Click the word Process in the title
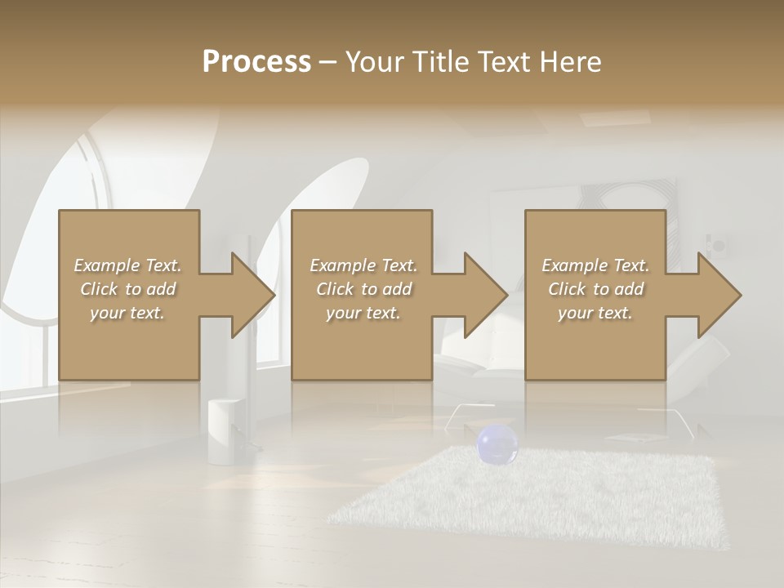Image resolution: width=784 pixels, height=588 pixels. point(256,62)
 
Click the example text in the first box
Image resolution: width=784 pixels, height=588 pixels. point(127,288)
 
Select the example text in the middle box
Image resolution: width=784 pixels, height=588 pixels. point(363,288)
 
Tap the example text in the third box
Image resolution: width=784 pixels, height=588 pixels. point(595,288)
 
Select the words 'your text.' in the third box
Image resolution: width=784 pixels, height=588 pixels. point(595,313)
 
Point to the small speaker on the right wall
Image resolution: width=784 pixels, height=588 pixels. point(716,244)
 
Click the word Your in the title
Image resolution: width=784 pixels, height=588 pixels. point(372,62)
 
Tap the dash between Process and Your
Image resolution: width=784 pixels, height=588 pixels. point(327,62)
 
